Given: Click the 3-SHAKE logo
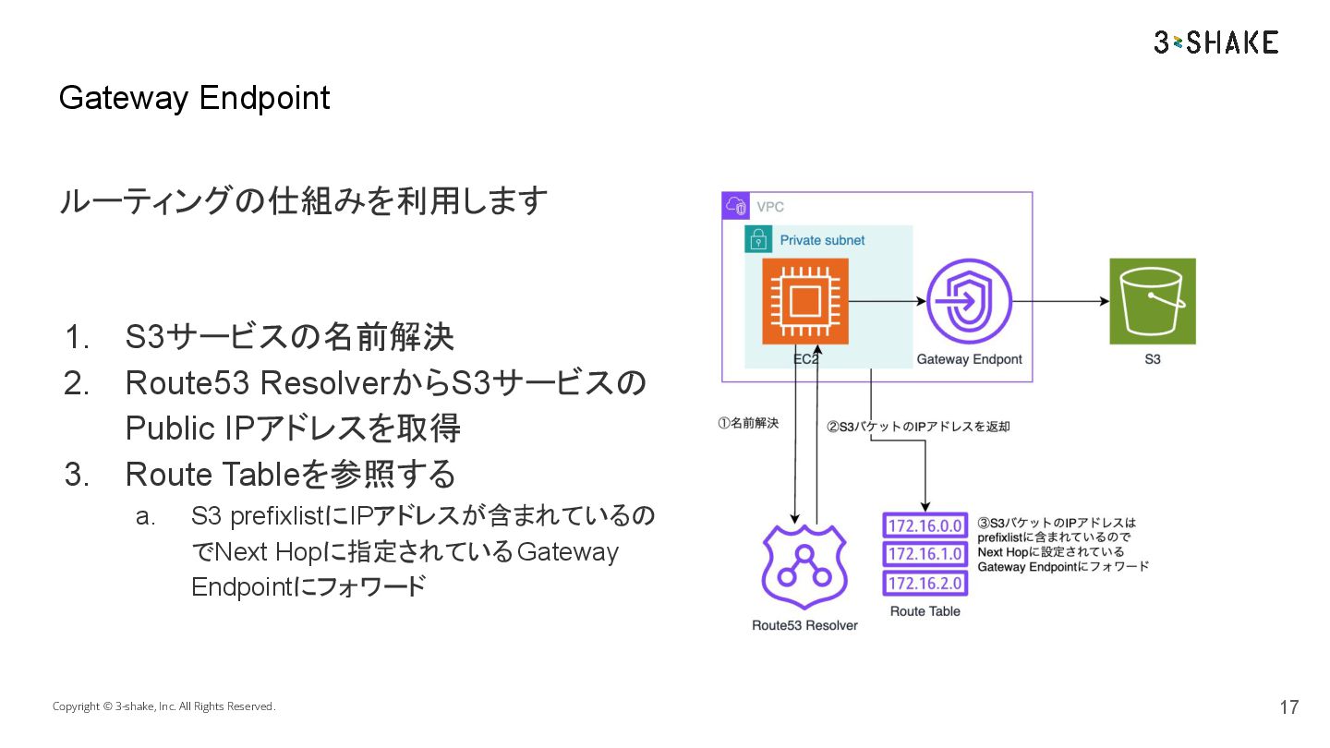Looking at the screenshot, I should tap(1215, 42).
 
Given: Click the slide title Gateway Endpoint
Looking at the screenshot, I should tap(194, 98).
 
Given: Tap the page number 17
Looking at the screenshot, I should tap(1288, 707).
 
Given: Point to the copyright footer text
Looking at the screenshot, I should tap(163, 706).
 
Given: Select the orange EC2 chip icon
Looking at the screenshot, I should tap(805, 301).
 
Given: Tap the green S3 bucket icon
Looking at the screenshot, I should tap(1152, 301).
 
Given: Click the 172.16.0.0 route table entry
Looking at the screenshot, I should tap(925, 526).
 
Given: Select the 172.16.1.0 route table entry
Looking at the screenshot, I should tap(925, 554).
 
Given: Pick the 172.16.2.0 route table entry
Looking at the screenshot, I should tap(925, 583).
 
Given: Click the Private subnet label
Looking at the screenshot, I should tap(822, 240).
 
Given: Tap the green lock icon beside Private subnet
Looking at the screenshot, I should tap(758, 240).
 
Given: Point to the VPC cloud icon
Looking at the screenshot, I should tap(736, 206).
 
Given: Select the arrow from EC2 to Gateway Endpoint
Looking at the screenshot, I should tap(887, 301).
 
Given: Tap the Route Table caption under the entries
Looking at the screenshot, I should tap(925, 611).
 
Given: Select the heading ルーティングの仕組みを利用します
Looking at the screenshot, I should tap(303, 200).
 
